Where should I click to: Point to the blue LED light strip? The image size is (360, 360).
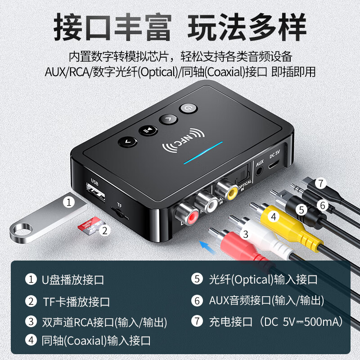203,153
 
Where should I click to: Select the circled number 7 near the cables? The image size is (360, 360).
320,183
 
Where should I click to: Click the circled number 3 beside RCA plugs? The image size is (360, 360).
245,234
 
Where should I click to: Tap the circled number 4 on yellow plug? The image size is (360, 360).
273,216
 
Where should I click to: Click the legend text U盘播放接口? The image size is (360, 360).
73,279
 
